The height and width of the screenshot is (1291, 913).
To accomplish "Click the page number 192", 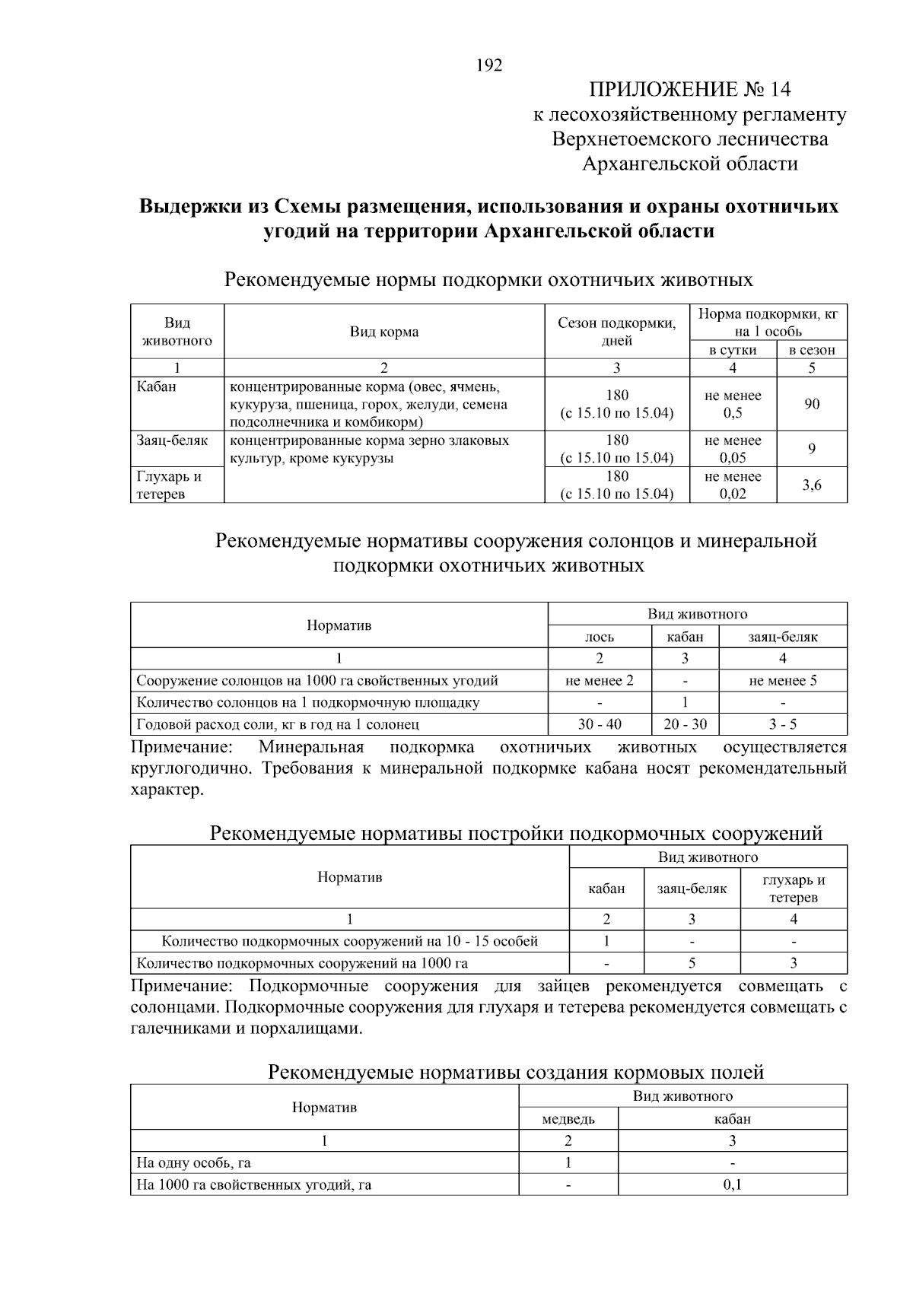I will pos(489,65).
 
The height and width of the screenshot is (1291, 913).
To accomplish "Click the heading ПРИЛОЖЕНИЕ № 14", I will pos(689,90).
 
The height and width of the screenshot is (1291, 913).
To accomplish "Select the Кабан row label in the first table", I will pos(157,386).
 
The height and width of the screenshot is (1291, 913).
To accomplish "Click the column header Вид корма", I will pos(384,332).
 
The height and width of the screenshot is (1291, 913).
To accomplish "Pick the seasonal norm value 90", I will pos(812,404).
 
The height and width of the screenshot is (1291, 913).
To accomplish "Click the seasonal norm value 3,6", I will pos(812,485).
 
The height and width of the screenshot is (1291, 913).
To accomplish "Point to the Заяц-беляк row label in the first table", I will pos(172,440).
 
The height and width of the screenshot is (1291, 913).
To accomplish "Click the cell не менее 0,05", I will pos(733,449).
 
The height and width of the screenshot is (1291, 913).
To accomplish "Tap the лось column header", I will pos(600,637).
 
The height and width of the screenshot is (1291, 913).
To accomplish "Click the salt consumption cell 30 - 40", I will pos(600,724).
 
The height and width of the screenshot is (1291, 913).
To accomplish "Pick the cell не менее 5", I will pos(783,680).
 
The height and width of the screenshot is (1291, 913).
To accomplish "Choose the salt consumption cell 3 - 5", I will pos(783,724).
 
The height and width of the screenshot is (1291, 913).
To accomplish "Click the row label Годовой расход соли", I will pos(278,724).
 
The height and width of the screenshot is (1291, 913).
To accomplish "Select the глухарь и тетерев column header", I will pos(794,888).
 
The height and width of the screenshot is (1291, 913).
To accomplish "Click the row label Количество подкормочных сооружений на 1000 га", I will pos(302,963).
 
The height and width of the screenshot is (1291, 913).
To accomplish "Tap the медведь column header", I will pos(568,1118).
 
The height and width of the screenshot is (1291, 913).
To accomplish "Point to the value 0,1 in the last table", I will pos(732,1184).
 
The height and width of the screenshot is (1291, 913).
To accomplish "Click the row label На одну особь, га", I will pos(194,1162).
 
